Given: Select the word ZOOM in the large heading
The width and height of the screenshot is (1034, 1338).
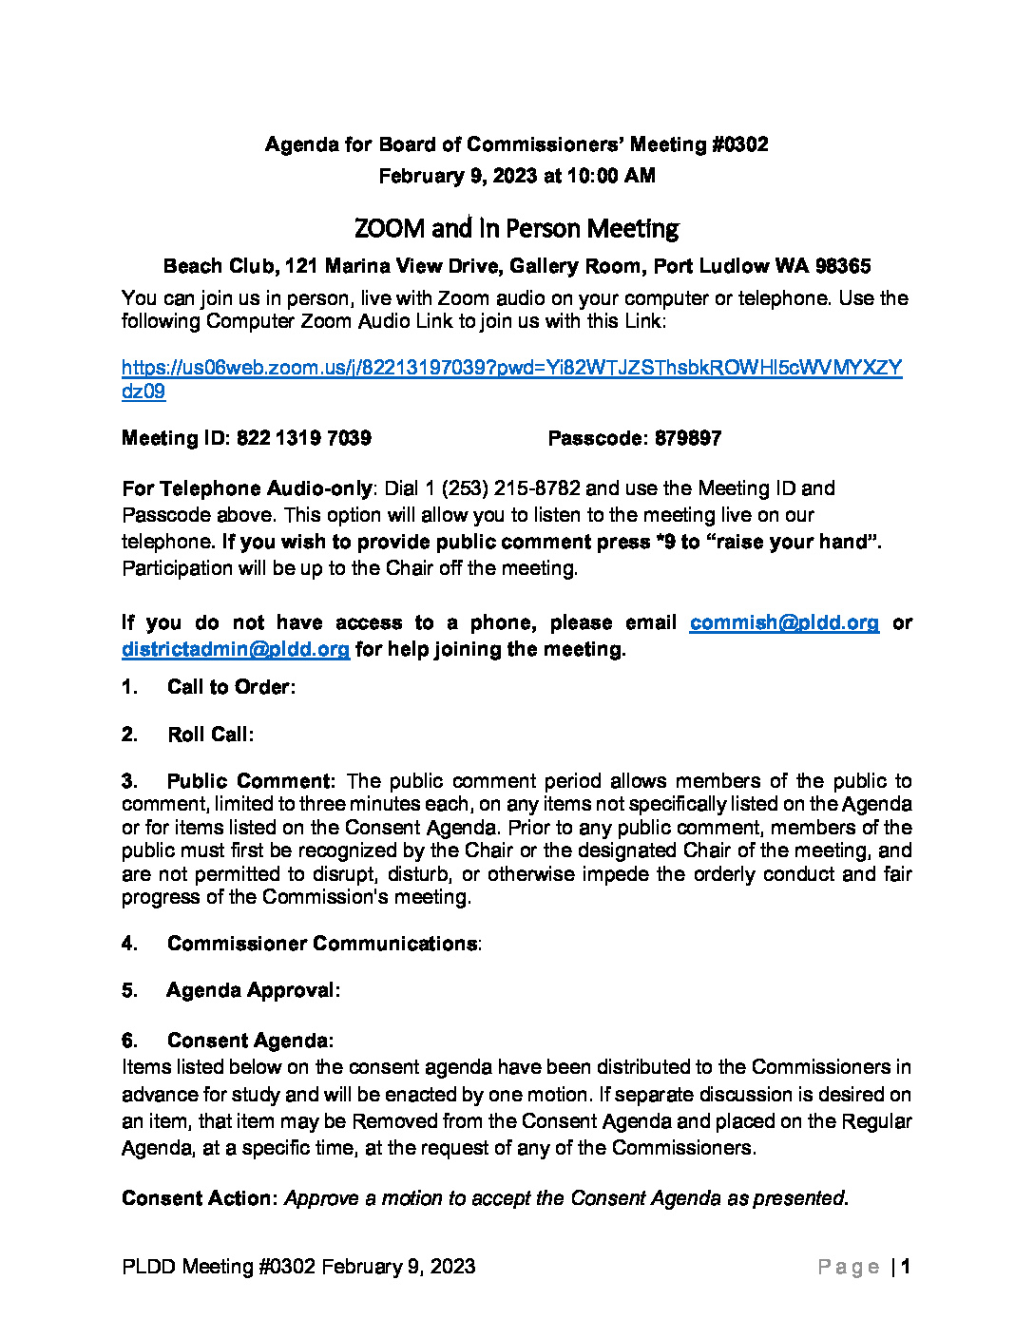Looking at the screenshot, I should coord(390,229).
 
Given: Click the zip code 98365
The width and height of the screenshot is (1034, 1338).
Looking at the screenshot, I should coord(843,266).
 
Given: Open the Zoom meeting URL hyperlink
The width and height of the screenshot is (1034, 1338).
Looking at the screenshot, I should coord(511,369).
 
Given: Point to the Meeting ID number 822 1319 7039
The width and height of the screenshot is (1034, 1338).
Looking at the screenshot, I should coord(303,438).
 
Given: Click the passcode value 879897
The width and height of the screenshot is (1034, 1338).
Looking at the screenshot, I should coord(688,438).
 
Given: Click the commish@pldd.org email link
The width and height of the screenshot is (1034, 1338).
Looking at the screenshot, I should coord(784,622).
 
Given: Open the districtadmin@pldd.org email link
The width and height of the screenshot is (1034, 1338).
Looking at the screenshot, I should coord(236,649).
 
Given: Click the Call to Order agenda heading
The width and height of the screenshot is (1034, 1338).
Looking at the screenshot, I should coord(231,687).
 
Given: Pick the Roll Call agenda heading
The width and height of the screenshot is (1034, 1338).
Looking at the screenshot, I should coord(210,735).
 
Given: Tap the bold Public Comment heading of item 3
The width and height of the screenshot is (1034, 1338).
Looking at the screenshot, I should coord(251,781).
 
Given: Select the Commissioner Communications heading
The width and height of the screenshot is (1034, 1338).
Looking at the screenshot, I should coord(323,944).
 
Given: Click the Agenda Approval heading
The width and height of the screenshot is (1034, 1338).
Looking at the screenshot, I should coord(253,990).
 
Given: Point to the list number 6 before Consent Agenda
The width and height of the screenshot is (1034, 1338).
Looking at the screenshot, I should coord(129,1041).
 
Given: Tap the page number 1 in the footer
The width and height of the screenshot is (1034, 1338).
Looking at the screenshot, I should coord(907,1267).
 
